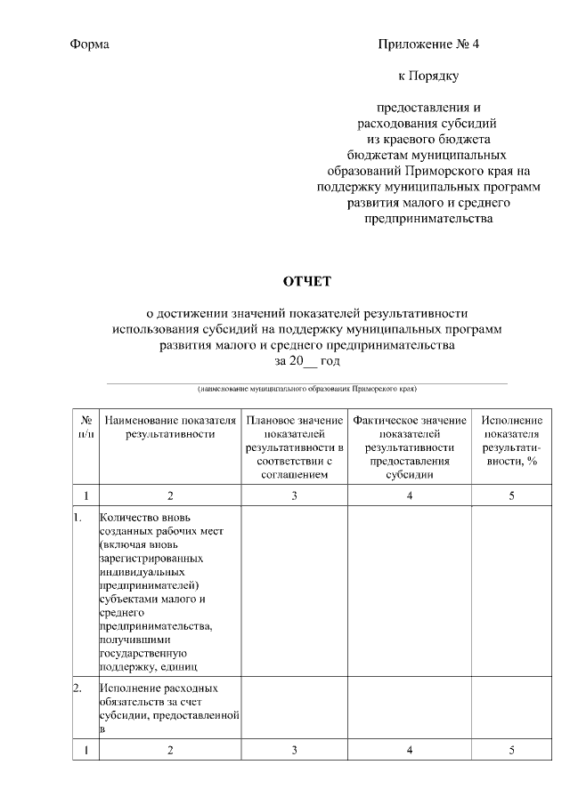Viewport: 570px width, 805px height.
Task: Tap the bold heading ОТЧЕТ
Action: (306, 282)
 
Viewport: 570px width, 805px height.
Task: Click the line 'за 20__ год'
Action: (306, 361)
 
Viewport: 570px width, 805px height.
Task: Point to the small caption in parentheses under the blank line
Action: (306, 389)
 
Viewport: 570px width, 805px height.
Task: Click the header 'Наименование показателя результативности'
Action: (170, 427)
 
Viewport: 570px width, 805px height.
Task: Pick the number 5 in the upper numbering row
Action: (511, 495)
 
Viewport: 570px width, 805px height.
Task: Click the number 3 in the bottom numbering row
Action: (294, 751)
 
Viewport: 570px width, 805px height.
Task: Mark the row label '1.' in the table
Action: (77, 517)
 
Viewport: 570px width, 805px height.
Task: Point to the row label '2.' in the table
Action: (77, 688)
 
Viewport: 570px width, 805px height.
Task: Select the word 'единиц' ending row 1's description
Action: (178, 665)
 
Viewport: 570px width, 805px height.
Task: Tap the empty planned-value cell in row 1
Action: (294, 592)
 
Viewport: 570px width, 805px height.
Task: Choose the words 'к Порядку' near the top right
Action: (428, 76)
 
